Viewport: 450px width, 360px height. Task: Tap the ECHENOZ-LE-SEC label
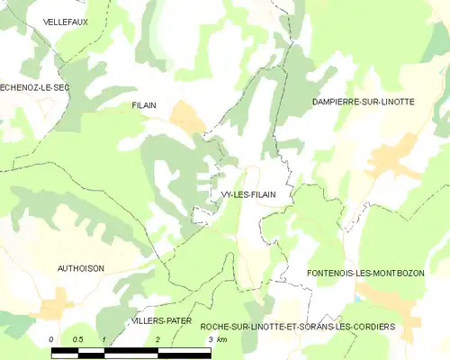coord(34,86)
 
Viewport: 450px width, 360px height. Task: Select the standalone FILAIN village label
coord(144,105)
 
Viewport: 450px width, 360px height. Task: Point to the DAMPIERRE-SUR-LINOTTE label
coord(363,102)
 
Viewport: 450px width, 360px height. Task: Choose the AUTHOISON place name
coord(81,268)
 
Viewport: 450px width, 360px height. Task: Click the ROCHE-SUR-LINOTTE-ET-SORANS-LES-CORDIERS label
coord(298,326)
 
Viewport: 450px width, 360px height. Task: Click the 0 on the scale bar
coord(52,338)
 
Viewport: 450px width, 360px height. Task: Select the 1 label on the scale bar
coord(105,338)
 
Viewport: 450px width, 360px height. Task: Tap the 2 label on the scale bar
coord(157,338)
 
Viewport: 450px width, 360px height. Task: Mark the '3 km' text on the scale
coord(217,338)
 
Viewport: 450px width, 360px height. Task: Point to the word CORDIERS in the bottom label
coord(371,326)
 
